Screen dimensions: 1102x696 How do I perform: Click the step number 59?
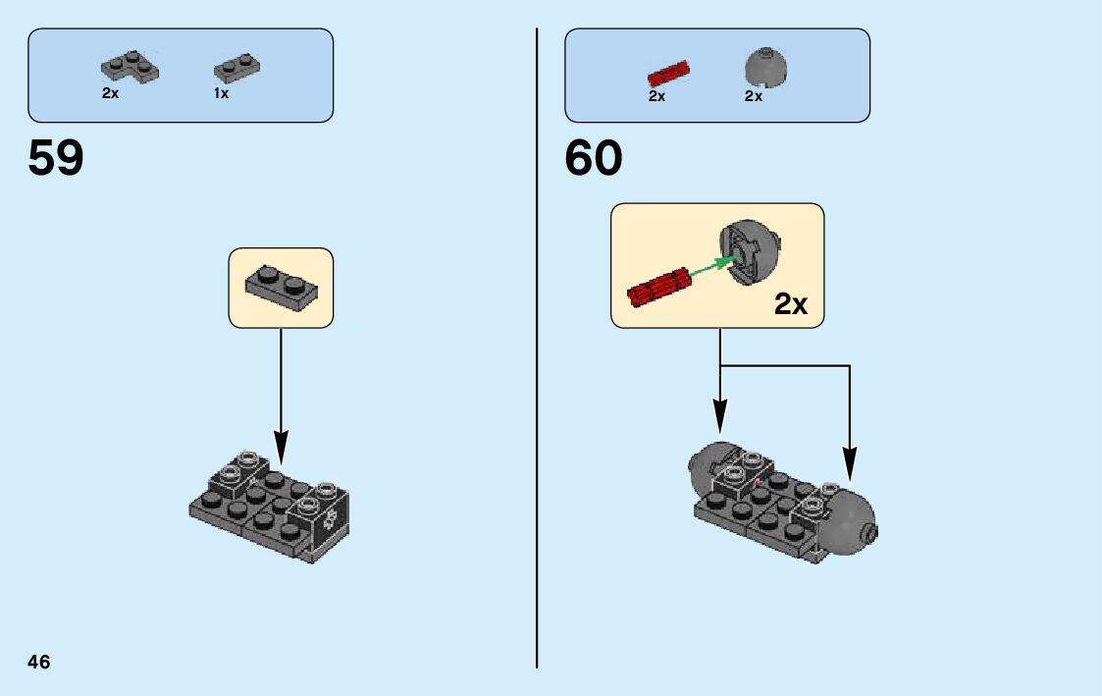pos(56,158)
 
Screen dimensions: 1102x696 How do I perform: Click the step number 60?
pos(593,158)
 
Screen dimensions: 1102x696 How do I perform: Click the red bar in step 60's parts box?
pos(668,72)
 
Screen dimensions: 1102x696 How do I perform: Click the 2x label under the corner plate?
pos(110,93)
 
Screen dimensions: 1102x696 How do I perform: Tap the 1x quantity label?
pos(221,93)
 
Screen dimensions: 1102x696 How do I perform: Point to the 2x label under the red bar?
pos(656,96)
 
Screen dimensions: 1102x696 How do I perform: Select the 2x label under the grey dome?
pos(753,96)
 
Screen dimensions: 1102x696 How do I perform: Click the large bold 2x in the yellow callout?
pos(790,304)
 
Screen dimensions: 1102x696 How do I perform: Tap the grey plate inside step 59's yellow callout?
pos(280,287)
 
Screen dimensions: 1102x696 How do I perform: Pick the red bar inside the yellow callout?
pos(658,289)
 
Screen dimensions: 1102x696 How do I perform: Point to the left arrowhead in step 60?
pos(720,416)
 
